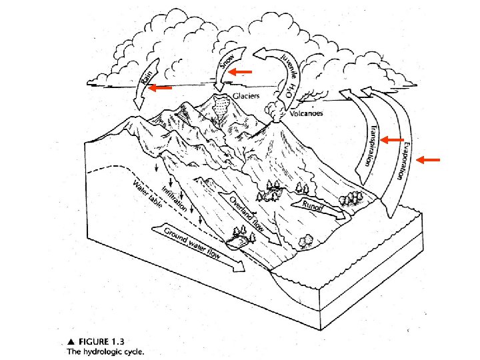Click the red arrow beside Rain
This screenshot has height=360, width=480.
pyautogui.click(x=160, y=87)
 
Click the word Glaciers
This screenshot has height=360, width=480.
pyautogui.click(x=247, y=96)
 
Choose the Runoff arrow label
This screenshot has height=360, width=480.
pyautogui.click(x=313, y=205)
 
